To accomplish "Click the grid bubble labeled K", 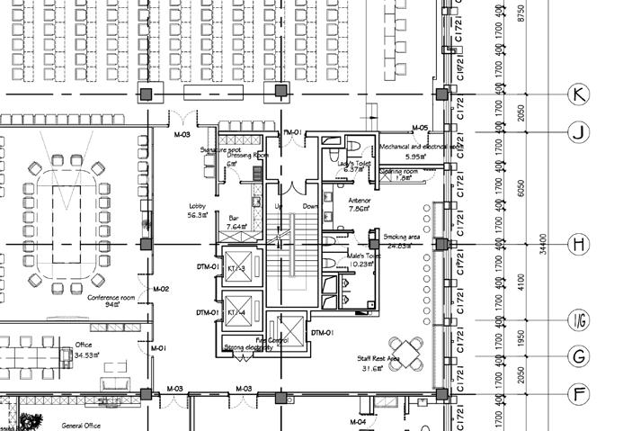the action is (579, 94).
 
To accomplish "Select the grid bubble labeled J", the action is (579, 133).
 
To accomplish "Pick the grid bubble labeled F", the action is (579, 393).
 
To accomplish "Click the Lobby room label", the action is (198, 205).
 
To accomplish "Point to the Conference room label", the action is (112, 297).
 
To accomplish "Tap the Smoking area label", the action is (401, 236).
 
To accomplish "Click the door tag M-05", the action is (419, 128).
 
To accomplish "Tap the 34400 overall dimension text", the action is (541, 244).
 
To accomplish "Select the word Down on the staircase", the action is (310, 206).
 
